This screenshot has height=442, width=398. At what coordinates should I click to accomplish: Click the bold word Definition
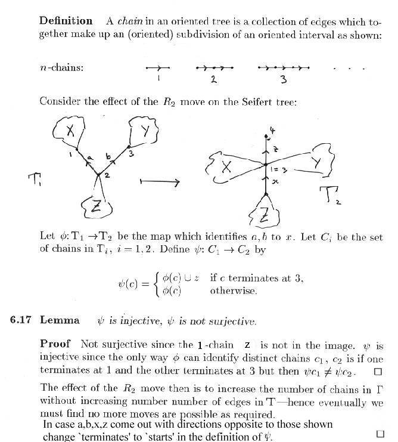pos(66,21)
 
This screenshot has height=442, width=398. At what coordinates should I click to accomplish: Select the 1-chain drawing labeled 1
pos(158,68)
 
